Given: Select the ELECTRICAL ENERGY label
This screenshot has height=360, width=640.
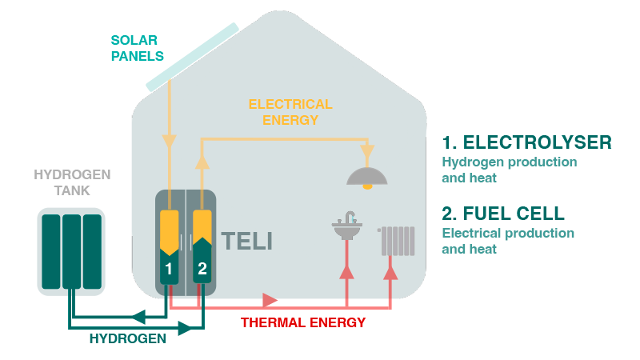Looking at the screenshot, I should coord(290,112).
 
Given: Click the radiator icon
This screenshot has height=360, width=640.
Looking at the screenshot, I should coord(398,241).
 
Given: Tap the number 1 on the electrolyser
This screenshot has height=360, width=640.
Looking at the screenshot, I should coord(170,269).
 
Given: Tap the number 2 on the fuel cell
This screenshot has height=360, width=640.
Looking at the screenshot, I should coord(202,269).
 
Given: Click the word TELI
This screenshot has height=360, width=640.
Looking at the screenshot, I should coord(246,241).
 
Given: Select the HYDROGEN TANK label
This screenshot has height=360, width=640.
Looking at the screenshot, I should coord(72,182).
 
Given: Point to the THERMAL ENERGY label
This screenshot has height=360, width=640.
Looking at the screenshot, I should coord(303,322).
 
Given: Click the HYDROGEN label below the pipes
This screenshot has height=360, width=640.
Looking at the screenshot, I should coord(128,338).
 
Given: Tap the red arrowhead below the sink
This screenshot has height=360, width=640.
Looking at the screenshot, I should coord(346,271).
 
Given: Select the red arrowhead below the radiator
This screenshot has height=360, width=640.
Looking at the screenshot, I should coord(391,271).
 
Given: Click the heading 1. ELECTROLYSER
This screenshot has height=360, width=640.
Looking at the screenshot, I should coord(526,143).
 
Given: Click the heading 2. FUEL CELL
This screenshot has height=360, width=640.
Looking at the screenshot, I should coord(503,214).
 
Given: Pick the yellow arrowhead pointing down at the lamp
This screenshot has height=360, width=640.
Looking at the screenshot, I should coord(367,151).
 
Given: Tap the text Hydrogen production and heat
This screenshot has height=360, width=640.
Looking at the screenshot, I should coord(509,170).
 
